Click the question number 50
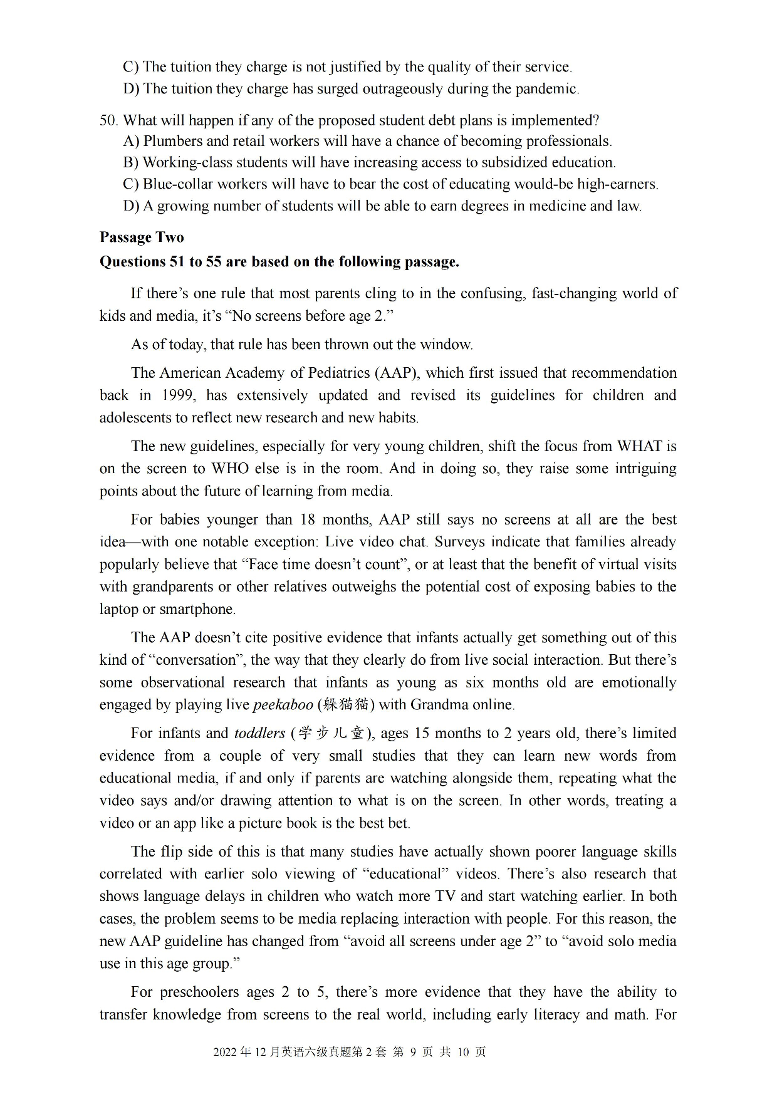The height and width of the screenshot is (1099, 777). [x=108, y=120]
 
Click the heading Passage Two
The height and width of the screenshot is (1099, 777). [x=142, y=237]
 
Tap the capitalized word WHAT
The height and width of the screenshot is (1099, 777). [x=639, y=447]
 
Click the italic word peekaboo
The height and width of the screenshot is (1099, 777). [x=283, y=705]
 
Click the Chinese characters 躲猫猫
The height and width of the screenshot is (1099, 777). [x=346, y=705]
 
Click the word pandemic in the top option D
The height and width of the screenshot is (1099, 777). [x=546, y=89]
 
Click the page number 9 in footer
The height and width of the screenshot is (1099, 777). [x=413, y=1052]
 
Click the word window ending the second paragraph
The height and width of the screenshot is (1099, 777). [x=446, y=345]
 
